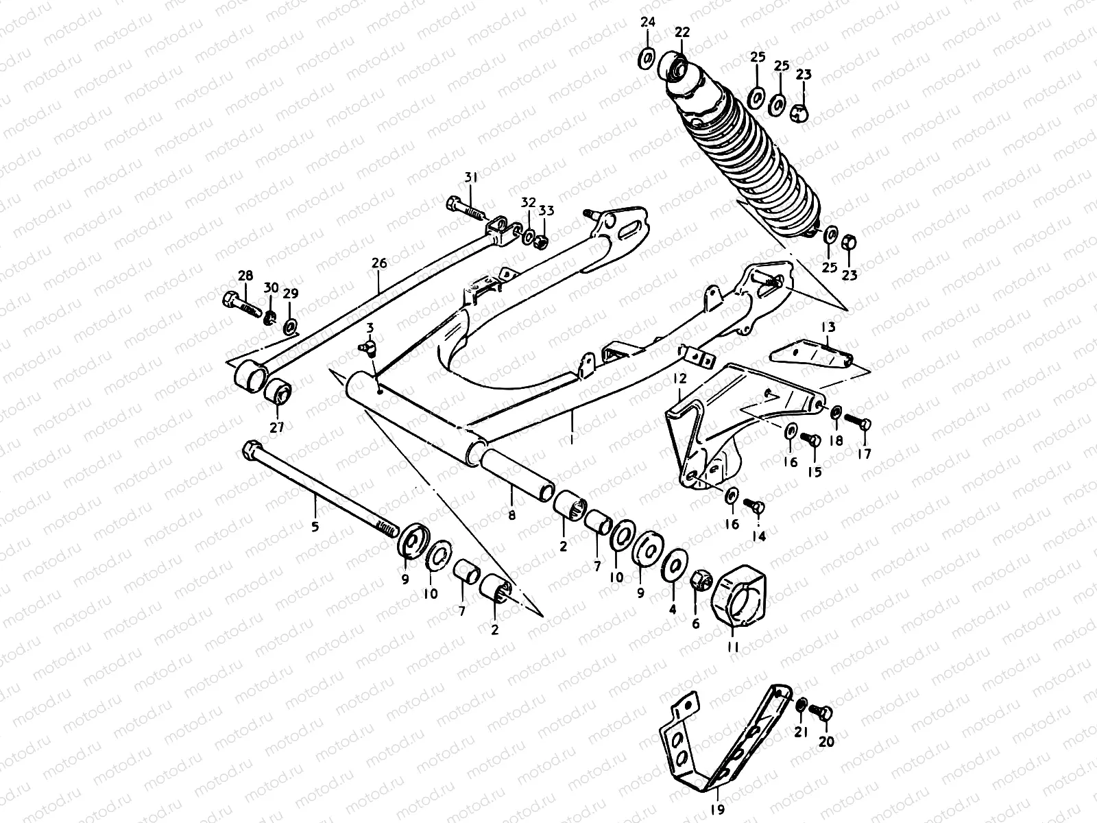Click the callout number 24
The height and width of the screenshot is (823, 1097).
pyautogui.click(x=648, y=22)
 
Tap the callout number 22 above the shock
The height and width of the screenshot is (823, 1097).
pyautogui.click(x=682, y=32)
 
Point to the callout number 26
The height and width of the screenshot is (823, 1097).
pyautogui.click(x=379, y=263)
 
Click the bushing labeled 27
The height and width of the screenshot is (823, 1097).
pyautogui.click(x=279, y=394)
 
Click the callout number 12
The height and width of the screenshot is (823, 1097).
pyautogui.click(x=679, y=379)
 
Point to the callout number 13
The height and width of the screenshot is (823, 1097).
pyautogui.click(x=828, y=327)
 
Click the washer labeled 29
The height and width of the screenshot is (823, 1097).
pyautogui.click(x=291, y=324)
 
